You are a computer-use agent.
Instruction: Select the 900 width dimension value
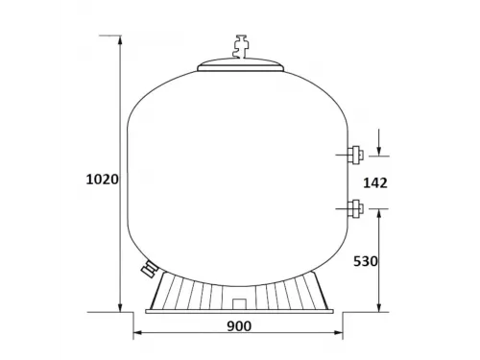(239, 326)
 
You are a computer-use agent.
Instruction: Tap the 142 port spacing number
(376, 182)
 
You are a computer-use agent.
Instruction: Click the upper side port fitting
(354, 153)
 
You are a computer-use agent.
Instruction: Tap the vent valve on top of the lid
(240, 46)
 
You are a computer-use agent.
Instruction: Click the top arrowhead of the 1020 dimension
(120, 41)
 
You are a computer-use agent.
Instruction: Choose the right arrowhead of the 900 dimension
(343, 334)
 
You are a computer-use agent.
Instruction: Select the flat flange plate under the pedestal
(240, 310)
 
